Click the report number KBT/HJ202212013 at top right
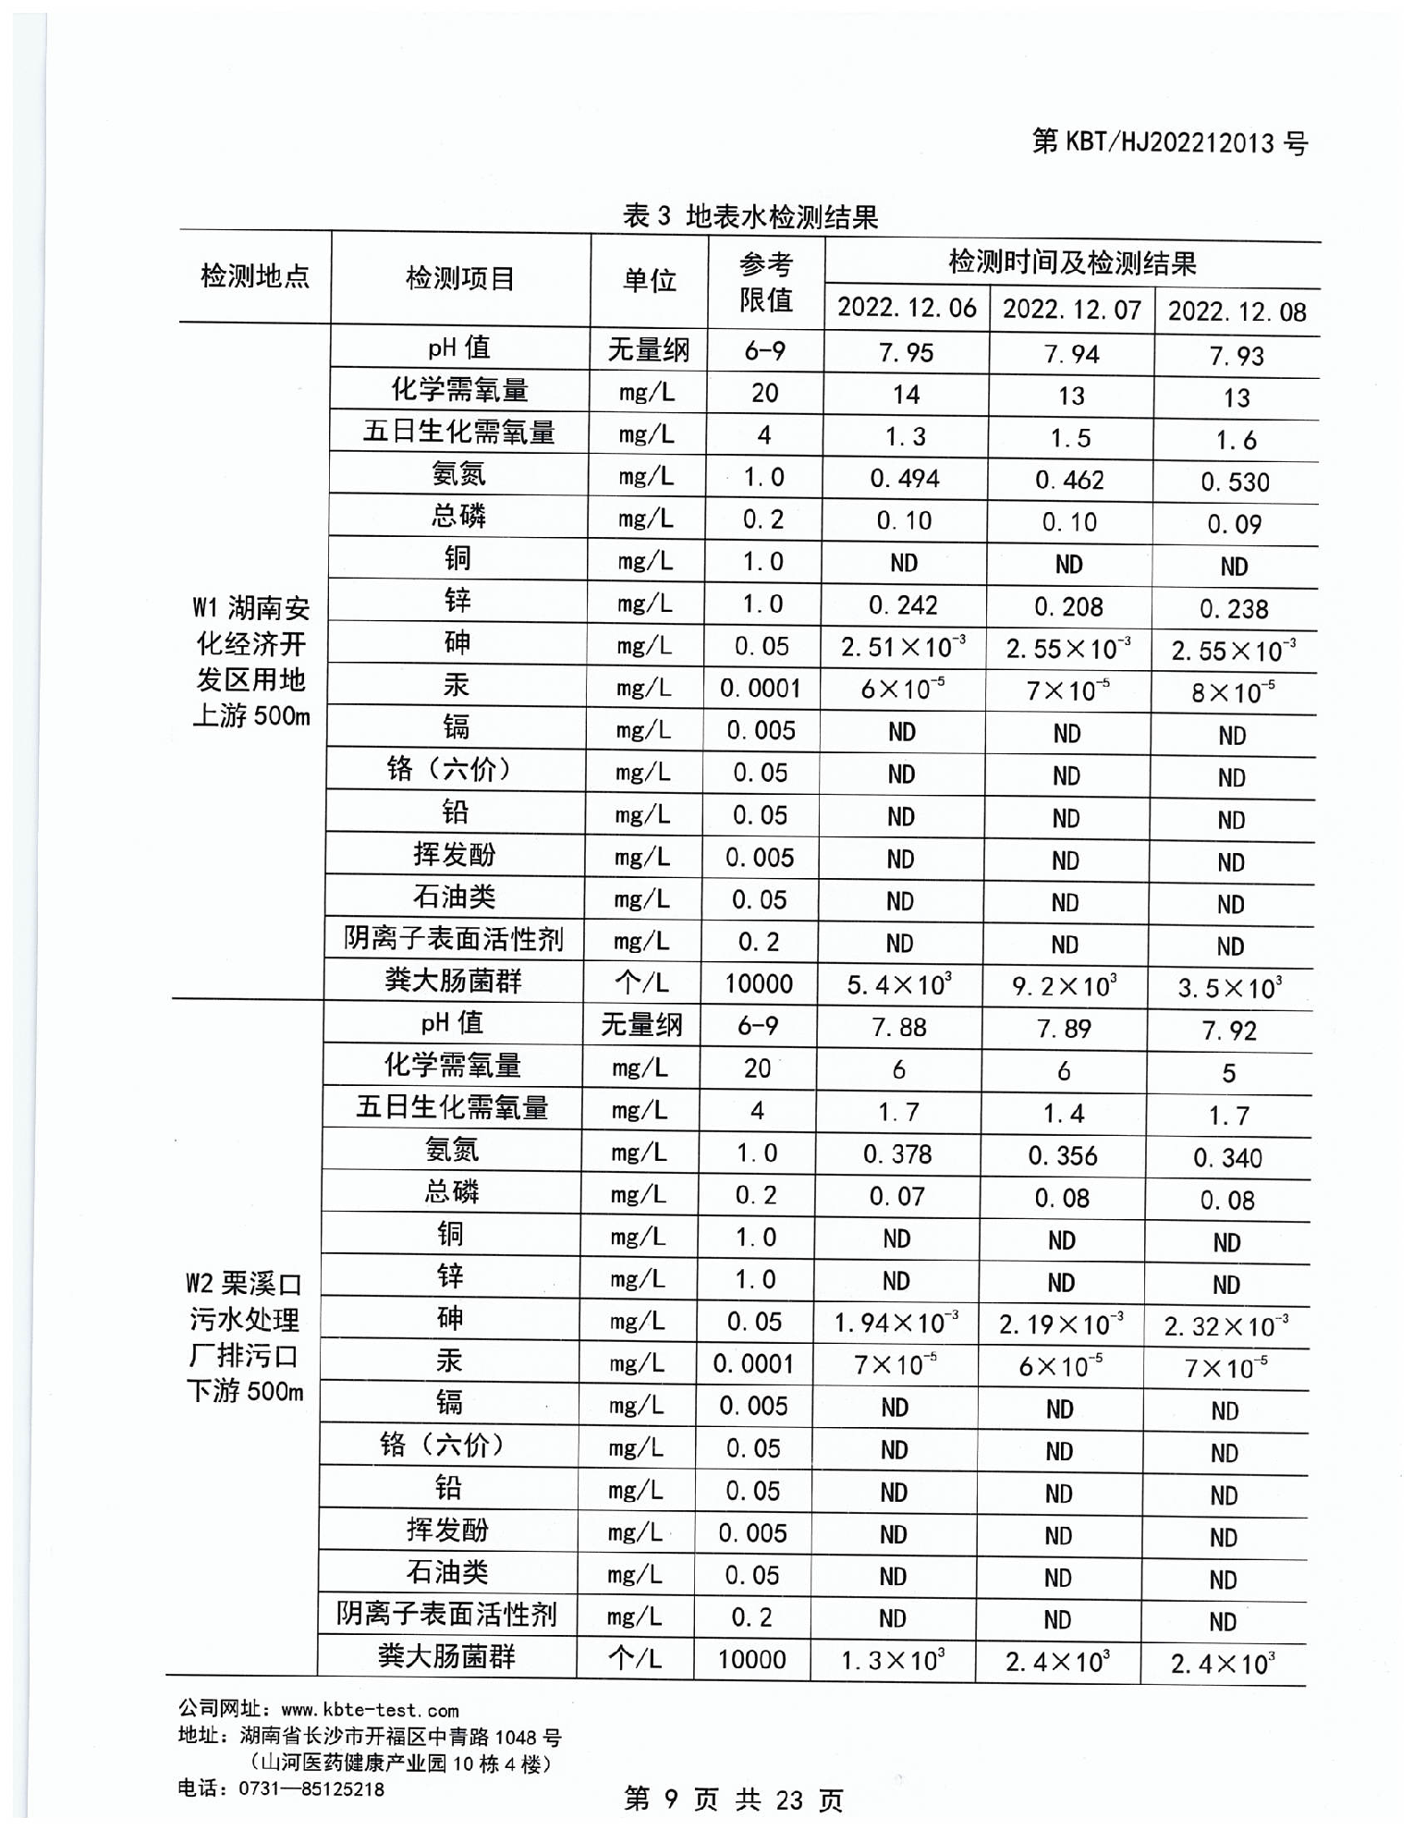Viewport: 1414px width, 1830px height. pyautogui.click(x=1169, y=142)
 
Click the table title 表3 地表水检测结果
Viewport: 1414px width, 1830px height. pyautogui.click(x=750, y=217)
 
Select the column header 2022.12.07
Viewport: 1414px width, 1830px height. pyautogui.click(x=1071, y=309)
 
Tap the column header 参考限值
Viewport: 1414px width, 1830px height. pyautogui.click(x=765, y=282)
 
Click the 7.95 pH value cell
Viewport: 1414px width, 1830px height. pyautogui.click(x=906, y=352)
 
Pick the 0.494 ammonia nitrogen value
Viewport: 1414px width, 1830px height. pyautogui.click(x=904, y=478)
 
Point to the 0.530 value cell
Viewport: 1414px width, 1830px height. pyautogui.click(x=1235, y=482)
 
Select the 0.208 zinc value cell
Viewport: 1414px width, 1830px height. pyautogui.click(x=1068, y=606)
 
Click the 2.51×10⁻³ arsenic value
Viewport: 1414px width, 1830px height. pyautogui.click(x=903, y=646)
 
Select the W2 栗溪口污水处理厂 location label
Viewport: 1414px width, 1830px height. pyautogui.click(x=245, y=1336)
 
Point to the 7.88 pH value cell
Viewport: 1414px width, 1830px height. pyautogui.click(x=898, y=1027)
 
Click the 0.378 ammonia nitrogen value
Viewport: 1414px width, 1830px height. pyautogui.click(x=896, y=1153)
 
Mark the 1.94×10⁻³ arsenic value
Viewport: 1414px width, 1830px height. pyautogui.click(x=896, y=1323)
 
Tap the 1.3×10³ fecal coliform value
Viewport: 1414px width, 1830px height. pyautogui.click(x=892, y=1661)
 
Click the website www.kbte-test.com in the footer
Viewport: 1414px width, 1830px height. pyautogui.click(x=369, y=1710)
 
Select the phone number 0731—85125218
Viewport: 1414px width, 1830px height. pyautogui.click(x=311, y=1788)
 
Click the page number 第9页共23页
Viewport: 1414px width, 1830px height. pyautogui.click(x=734, y=1799)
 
